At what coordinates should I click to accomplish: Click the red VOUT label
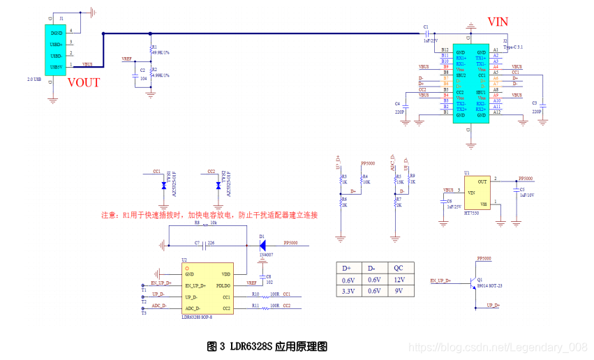[84, 82]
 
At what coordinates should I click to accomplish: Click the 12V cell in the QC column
[399, 280]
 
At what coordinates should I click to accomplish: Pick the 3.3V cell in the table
[348, 291]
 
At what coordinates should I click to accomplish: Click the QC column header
[399, 268]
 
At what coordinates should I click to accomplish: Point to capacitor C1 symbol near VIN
[426, 33]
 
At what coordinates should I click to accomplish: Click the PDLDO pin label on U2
[223, 286]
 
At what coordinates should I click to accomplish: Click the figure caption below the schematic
[267, 345]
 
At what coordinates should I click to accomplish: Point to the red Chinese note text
[209, 215]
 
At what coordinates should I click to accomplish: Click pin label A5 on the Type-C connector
[496, 73]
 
